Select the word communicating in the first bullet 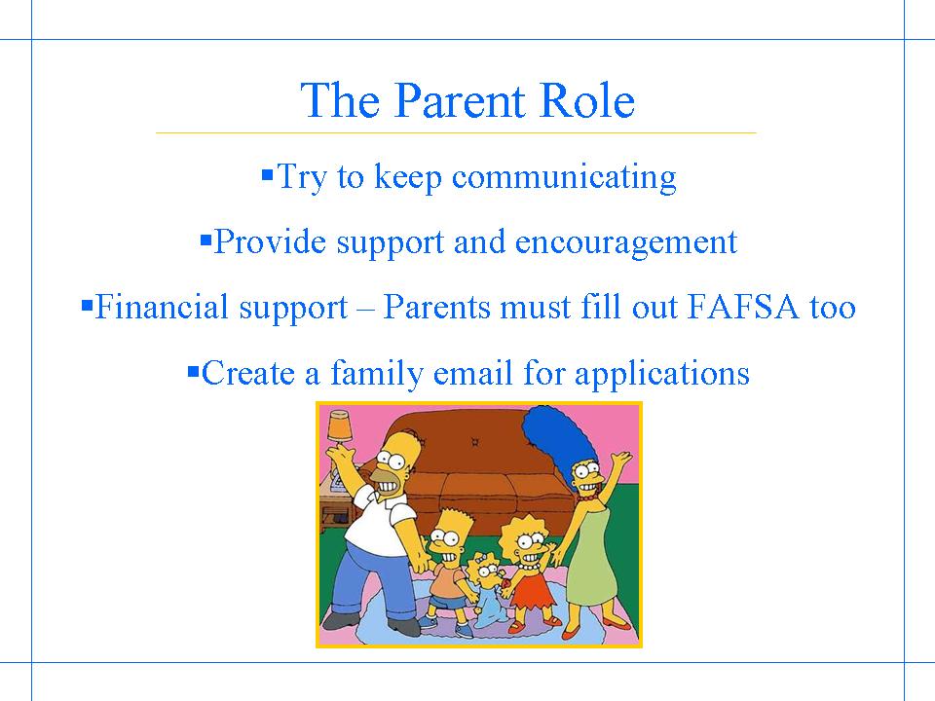(564, 177)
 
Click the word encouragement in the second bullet (626, 243)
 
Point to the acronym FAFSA (742, 307)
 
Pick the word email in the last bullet (473, 373)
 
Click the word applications (662, 374)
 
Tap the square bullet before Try (267, 175)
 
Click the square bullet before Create (193, 372)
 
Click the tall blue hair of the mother (557, 438)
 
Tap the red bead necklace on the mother (586, 496)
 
